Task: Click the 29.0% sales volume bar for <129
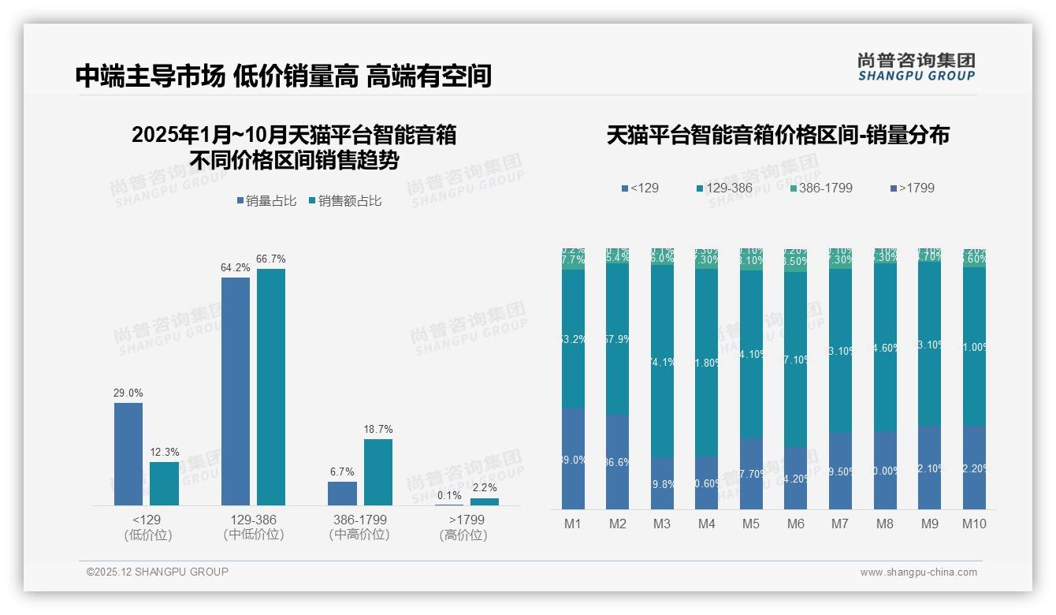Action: pyautogui.click(x=128, y=453)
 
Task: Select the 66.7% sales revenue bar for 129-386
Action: pyautogui.click(x=271, y=386)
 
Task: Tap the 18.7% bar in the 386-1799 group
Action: pyautogui.click(x=378, y=471)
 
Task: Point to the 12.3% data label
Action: pyautogui.click(x=164, y=453)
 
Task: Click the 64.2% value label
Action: pyautogui.click(x=235, y=268)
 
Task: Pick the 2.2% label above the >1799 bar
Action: pyautogui.click(x=485, y=488)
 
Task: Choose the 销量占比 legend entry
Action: pyautogui.click(x=266, y=201)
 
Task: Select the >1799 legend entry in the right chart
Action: pyautogui.click(x=912, y=188)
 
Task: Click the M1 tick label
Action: pyautogui.click(x=573, y=524)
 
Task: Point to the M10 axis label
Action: pyautogui.click(x=974, y=524)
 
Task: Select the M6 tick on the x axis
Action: pyautogui.click(x=796, y=524)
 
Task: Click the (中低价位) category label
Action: pyautogui.click(x=254, y=535)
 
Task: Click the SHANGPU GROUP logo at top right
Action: pyautogui.click(x=916, y=67)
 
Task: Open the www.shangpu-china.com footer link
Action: pyautogui.click(x=918, y=572)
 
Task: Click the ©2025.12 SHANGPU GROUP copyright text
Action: pyautogui.click(x=158, y=572)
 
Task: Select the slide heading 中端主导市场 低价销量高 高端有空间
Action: pyautogui.click(x=284, y=76)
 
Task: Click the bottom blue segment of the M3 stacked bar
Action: pyautogui.click(x=662, y=483)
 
